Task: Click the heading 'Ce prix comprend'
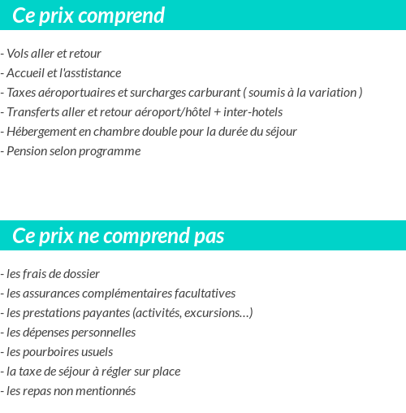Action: coord(89,15)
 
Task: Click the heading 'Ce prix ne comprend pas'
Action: coord(119,236)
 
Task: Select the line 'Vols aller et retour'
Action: coord(54,54)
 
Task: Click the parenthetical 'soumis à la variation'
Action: coord(303,93)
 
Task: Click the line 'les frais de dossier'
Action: coord(53,274)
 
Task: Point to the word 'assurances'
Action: coord(50,293)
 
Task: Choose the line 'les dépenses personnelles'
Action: coord(71,333)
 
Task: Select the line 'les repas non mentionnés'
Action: coord(71,391)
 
